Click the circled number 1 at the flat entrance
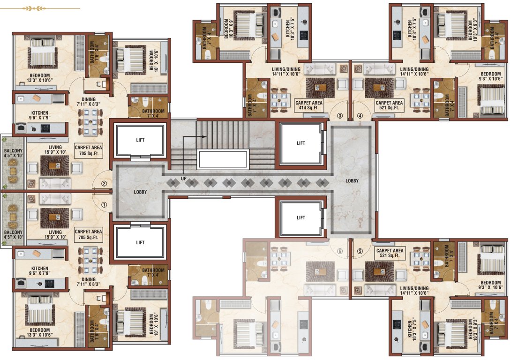tap(104, 204)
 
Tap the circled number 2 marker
tap(104, 184)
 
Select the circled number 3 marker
tap(340, 116)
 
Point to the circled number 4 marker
tap(360, 116)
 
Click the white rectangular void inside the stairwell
tap(223, 160)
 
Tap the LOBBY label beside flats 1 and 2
tap(140, 192)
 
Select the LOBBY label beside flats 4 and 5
tap(352, 180)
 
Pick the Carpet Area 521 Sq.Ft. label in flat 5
tap(389, 254)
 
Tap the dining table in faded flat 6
tap(280, 259)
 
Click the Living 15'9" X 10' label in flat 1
tap(55, 235)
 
